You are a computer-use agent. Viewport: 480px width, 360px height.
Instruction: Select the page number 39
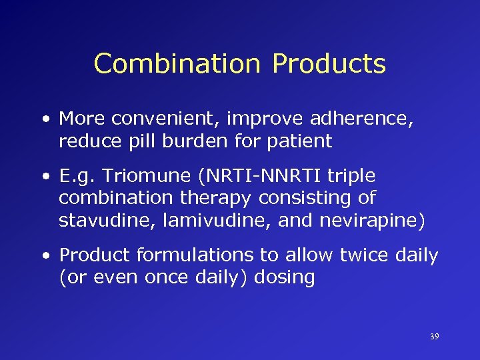(x=434, y=337)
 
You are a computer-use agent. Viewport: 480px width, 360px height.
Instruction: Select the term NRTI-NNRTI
(x=265, y=176)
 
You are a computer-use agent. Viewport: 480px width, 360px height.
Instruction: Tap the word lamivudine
(x=193, y=221)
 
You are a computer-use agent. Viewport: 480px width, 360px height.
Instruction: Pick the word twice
(x=361, y=255)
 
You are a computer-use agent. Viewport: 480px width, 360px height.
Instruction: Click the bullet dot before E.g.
(x=45, y=177)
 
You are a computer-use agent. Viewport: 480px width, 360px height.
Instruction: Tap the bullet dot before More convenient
(x=45, y=119)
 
